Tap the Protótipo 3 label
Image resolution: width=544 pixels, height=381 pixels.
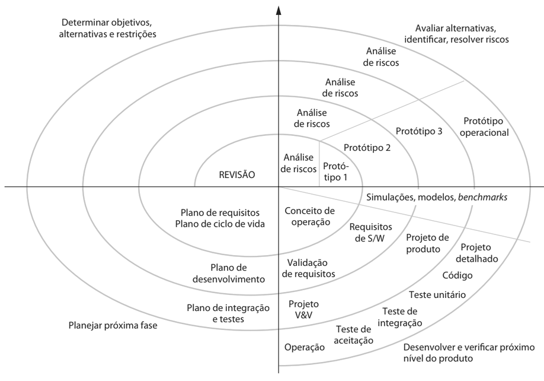[x=418, y=131]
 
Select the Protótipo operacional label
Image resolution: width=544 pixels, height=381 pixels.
[x=483, y=127]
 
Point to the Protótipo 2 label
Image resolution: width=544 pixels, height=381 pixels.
[x=367, y=148]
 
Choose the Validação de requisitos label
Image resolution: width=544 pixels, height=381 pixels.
[x=308, y=268]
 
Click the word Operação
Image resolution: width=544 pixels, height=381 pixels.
[x=305, y=347]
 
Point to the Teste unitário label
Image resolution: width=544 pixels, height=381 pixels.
[x=437, y=294]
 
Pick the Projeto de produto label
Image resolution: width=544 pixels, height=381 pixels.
[x=423, y=243]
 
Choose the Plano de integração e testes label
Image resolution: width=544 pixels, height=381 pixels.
[x=228, y=313]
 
